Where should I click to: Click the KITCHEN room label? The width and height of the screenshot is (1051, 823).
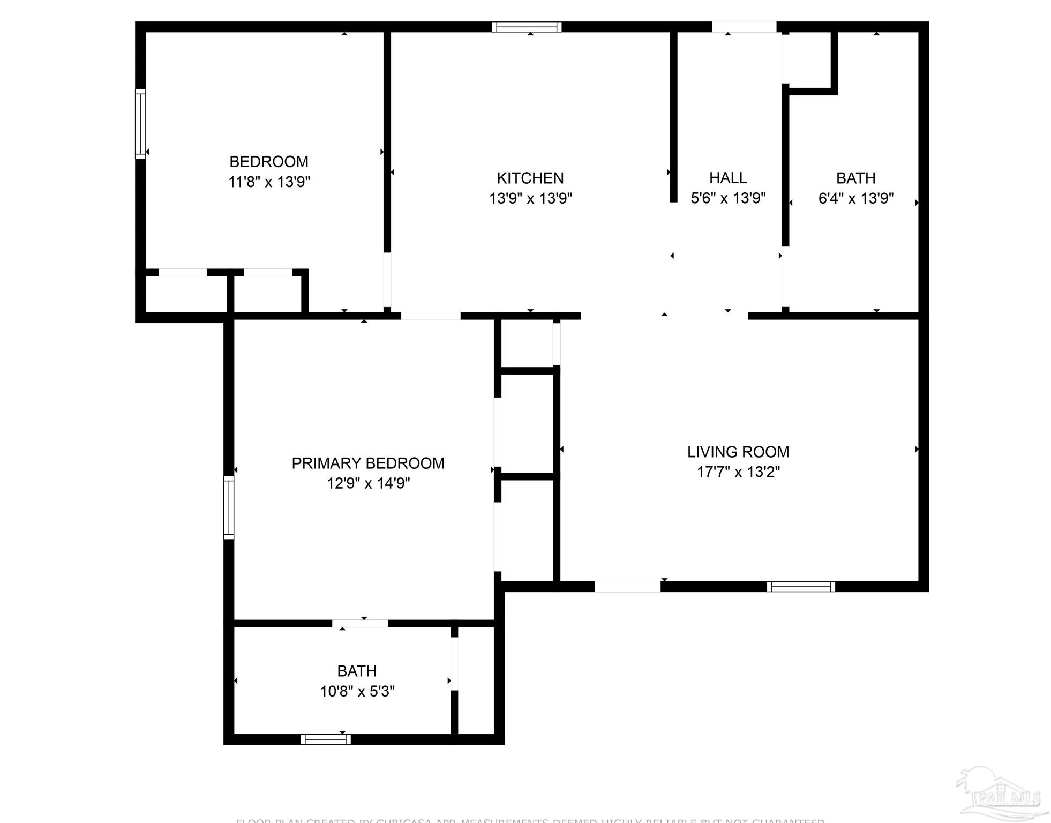pyautogui.click(x=530, y=178)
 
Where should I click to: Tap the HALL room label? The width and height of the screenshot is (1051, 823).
pyautogui.click(x=728, y=178)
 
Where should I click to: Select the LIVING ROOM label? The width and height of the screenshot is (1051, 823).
pyautogui.click(x=738, y=452)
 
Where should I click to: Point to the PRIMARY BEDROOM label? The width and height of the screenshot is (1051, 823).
pyautogui.click(x=368, y=463)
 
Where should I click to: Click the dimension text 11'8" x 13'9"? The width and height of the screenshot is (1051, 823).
pyautogui.click(x=269, y=182)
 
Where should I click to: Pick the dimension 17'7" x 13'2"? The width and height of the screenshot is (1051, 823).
pyautogui.click(x=738, y=472)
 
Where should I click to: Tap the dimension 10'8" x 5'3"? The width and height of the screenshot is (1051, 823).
pyautogui.click(x=357, y=691)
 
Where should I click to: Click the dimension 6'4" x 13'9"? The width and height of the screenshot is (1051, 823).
pyautogui.click(x=856, y=199)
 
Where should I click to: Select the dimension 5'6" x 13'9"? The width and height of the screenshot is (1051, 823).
pyautogui.click(x=728, y=199)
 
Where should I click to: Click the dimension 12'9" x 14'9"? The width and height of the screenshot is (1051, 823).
pyautogui.click(x=368, y=483)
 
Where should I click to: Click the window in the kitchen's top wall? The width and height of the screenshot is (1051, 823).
pyautogui.click(x=527, y=27)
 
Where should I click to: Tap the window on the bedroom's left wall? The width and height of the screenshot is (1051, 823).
pyautogui.click(x=140, y=124)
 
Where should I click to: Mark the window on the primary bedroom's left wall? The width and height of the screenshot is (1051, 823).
pyautogui.click(x=229, y=507)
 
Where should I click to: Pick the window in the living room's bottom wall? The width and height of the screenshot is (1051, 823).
pyautogui.click(x=801, y=587)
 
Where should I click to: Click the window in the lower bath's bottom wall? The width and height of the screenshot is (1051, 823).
pyautogui.click(x=326, y=739)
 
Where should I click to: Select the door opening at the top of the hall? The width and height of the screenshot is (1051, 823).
pyautogui.click(x=744, y=27)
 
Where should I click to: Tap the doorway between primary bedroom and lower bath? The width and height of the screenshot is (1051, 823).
pyautogui.click(x=360, y=623)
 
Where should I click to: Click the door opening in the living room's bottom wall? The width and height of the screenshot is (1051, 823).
pyautogui.click(x=627, y=587)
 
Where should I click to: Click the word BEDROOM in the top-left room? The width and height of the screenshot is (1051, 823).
pyautogui.click(x=269, y=161)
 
